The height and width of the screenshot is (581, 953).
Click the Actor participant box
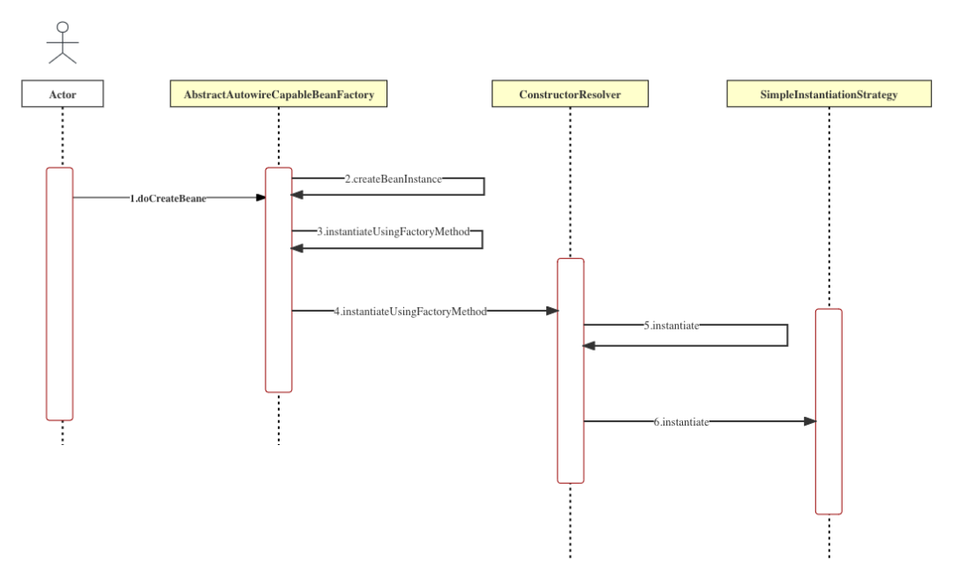63,94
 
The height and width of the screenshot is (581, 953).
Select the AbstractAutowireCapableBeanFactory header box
279,94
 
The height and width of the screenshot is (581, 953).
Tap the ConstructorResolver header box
570,94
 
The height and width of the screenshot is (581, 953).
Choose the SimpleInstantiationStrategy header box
829,94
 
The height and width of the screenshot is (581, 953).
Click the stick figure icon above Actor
63,43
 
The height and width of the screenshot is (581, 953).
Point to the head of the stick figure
63,26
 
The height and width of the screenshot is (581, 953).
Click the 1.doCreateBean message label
169,199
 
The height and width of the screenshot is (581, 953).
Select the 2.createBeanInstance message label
393,178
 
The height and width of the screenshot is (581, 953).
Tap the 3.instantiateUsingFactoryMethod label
393,231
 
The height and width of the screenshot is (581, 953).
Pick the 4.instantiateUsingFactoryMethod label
410,311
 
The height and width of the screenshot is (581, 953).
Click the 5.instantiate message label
672,325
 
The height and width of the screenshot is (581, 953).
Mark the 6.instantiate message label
681,422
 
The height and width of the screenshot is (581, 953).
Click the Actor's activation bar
60,293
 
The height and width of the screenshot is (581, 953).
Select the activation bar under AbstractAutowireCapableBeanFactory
279,279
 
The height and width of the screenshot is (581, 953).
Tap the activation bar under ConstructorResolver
570,371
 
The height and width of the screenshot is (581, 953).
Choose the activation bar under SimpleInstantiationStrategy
829,411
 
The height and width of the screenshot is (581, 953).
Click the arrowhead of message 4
552,311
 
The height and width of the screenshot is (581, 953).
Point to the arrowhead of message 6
810,422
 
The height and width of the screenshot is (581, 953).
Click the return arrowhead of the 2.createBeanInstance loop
297,194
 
